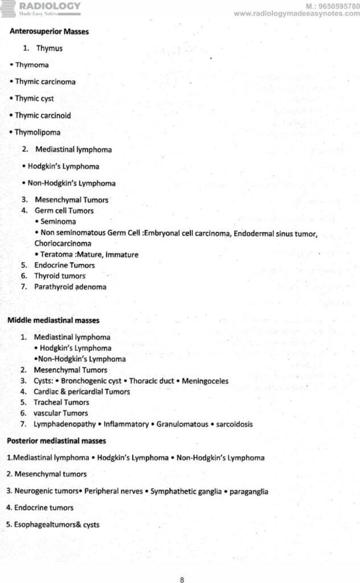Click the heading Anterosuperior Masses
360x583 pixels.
pyautogui.click(x=49, y=32)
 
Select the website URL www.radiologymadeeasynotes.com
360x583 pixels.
pyautogui.click(x=296, y=14)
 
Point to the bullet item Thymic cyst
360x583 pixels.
pyautogui.click(x=34, y=98)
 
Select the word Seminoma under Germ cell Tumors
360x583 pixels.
pyautogui.click(x=58, y=221)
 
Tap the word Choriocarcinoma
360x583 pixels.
pyautogui.click(x=63, y=244)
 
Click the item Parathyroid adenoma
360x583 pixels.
pyautogui.click(x=70, y=287)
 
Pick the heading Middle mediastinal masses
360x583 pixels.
pyautogui.click(x=53, y=321)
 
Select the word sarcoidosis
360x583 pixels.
pyautogui.click(x=234, y=424)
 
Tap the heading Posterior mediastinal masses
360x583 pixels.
pyautogui.click(x=56, y=441)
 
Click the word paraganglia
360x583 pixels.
pyautogui.click(x=248, y=491)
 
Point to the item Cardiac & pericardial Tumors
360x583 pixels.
pyautogui.click(x=81, y=392)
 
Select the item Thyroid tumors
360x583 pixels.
pyautogui.click(x=60, y=276)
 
